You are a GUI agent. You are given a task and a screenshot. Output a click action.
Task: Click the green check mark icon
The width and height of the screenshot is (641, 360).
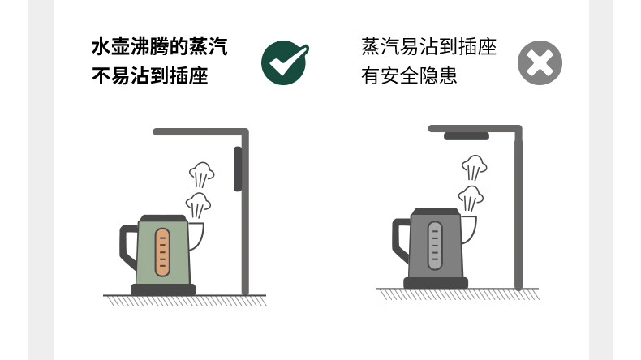(284, 63)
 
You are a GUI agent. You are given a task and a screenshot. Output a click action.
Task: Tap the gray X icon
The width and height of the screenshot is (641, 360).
(540, 63)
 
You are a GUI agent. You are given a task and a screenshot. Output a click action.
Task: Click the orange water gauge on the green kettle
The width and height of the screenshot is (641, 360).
(162, 252)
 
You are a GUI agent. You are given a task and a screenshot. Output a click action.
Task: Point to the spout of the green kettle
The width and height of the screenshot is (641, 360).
(197, 236)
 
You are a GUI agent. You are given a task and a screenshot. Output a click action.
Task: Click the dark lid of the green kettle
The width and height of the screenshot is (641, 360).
(163, 219)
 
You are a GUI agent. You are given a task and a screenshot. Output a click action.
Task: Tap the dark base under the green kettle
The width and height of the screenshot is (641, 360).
(163, 289)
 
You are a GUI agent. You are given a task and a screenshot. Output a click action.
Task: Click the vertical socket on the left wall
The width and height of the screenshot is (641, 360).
(238, 169)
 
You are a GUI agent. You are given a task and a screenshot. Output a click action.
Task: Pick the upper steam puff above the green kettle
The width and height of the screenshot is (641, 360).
(201, 174)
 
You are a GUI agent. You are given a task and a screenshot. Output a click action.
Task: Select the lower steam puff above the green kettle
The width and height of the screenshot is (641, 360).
(198, 205)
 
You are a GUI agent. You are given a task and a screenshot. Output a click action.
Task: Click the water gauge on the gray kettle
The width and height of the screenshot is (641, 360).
(435, 246)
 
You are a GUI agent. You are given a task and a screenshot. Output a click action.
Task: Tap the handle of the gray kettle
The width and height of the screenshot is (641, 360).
(400, 240)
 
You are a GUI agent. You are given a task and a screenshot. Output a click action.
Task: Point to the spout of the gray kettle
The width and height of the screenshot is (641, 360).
(469, 229)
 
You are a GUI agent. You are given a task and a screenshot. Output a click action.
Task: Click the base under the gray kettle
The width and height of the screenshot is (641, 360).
(436, 283)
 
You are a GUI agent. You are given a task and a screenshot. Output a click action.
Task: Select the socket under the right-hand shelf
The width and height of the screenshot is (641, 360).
(467, 136)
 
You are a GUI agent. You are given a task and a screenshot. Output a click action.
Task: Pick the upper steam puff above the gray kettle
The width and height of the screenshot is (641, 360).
(474, 167)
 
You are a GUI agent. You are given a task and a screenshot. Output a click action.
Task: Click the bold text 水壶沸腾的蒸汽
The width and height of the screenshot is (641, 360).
(159, 46)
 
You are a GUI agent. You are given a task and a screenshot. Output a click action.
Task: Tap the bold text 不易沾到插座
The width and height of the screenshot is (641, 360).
(150, 75)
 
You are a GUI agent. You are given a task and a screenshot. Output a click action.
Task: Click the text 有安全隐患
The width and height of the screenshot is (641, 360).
(409, 75)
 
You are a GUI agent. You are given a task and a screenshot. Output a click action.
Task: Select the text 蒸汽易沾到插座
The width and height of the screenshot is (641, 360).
(429, 46)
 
